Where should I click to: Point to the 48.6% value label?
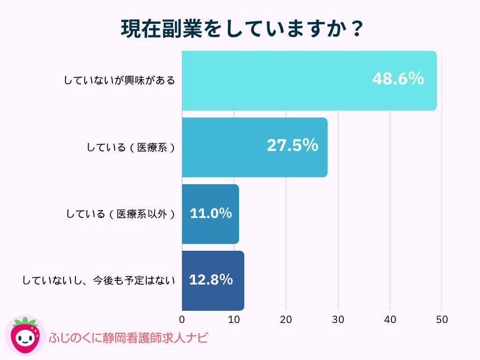tap(398, 79)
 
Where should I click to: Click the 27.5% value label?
tap(292, 145)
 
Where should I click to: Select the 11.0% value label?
tap(211, 213)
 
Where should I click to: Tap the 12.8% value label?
tap(211, 280)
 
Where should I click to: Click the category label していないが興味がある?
tap(120, 81)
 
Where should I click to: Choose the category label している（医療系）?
tap(131, 148)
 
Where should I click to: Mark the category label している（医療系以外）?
tap(120, 214)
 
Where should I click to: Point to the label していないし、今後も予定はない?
tap(99, 281)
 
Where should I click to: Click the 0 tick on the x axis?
tap(182, 320)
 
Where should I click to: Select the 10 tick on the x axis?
tap(234, 320)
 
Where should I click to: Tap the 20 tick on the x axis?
tap(286, 320)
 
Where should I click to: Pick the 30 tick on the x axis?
tap(338, 320)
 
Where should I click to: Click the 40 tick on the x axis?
tap(390, 320)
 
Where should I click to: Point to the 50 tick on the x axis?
tap(442, 320)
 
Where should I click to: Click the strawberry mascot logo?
tap(25, 336)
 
